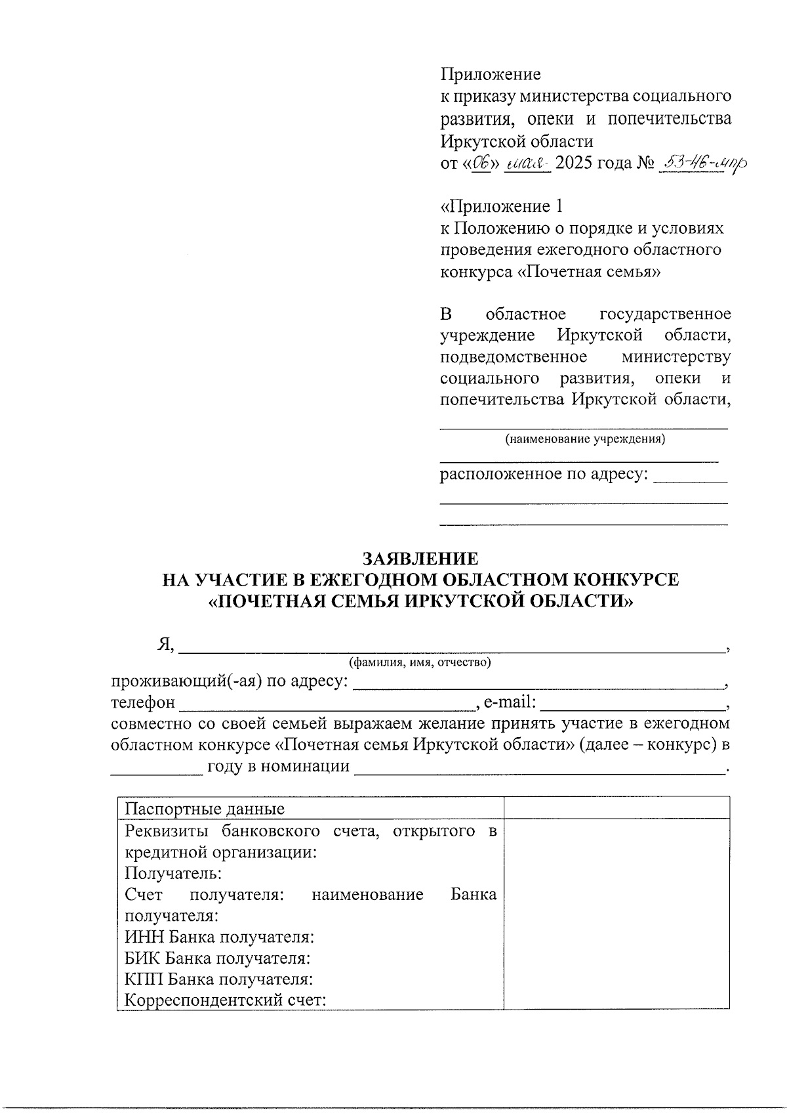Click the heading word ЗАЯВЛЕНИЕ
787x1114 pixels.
[420, 559]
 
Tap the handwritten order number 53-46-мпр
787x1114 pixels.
[704, 162]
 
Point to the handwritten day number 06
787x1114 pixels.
[482, 162]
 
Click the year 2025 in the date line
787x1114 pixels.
[578, 163]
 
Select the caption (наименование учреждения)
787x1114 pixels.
[584, 439]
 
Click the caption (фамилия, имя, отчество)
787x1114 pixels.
[420, 662]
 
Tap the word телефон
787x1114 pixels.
[143, 702]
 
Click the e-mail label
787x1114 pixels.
[510, 702]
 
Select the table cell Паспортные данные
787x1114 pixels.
[205, 809]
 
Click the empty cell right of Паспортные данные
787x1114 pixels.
[616, 808]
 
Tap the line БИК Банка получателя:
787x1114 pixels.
[217, 958]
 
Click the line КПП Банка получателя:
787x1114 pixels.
[218, 979]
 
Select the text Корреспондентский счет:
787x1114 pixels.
[226, 1001]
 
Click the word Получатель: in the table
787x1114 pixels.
[173, 873]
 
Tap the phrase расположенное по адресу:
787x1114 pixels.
[544, 474]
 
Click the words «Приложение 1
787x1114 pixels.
[501, 207]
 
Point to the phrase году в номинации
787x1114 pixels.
[278, 766]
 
